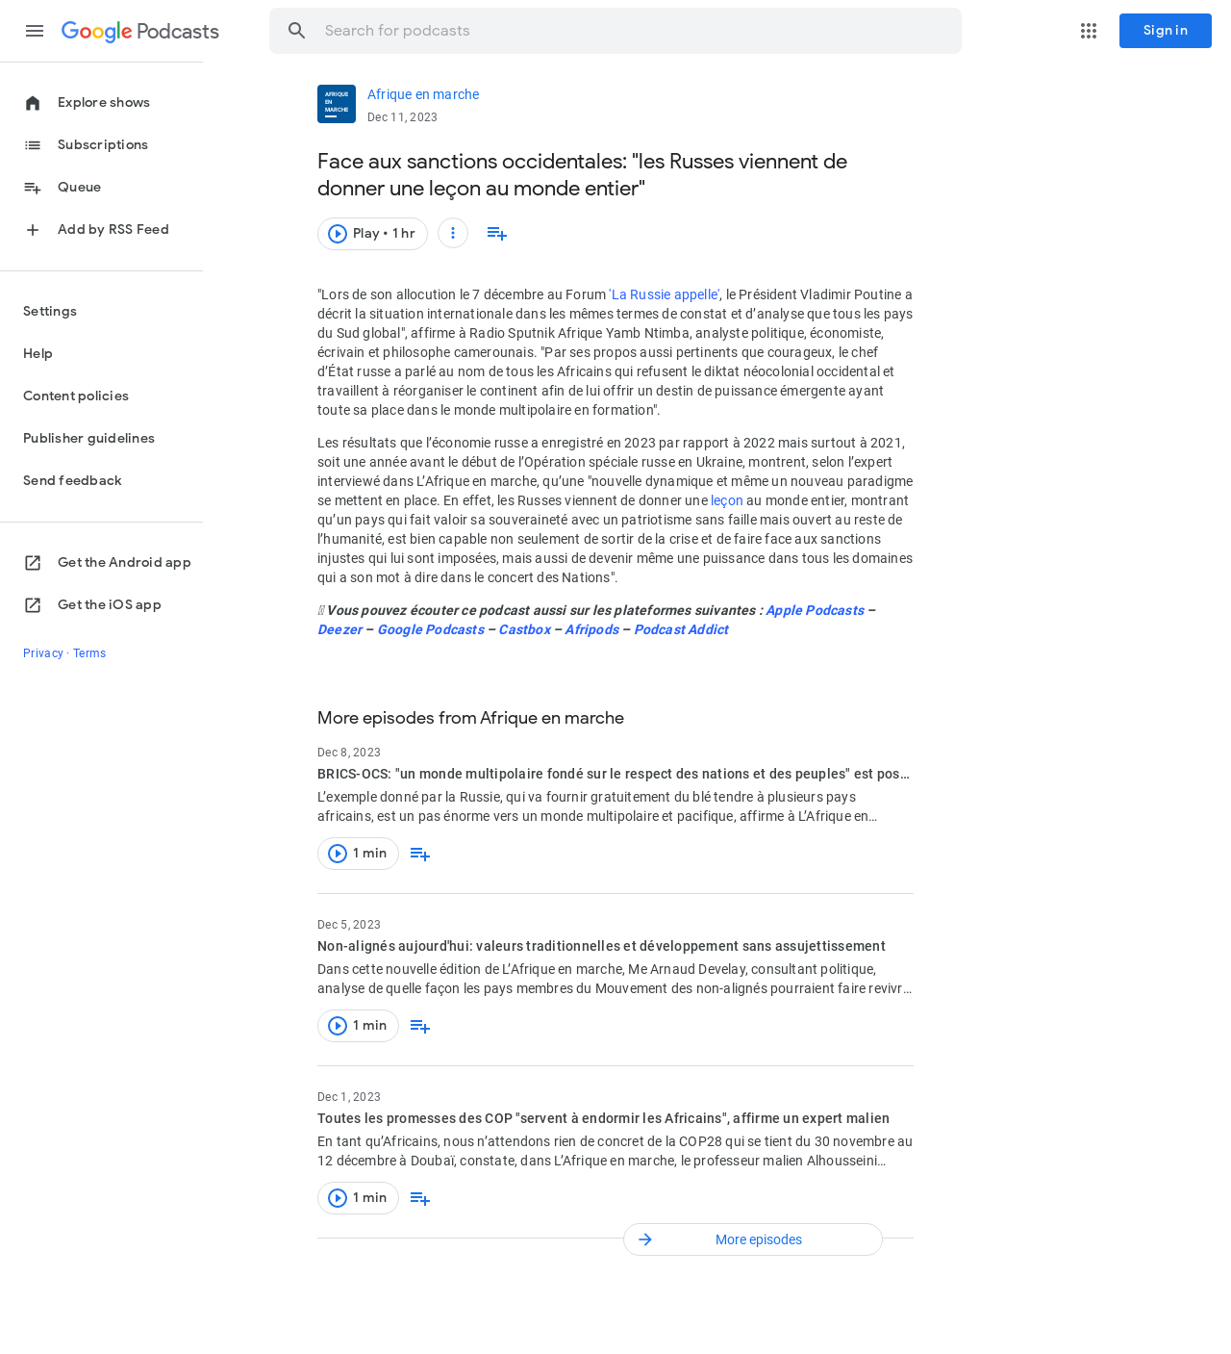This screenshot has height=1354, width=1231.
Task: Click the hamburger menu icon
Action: (x=35, y=31)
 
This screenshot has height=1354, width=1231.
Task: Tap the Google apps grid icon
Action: (x=1089, y=31)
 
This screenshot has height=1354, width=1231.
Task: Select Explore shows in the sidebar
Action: (x=103, y=103)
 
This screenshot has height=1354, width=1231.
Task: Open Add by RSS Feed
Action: (x=113, y=230)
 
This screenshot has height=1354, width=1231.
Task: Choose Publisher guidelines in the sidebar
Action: (x=88, y=439)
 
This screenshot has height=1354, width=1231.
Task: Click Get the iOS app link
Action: (x=109, y=605)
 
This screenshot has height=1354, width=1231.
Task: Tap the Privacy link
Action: (x=43, y=653)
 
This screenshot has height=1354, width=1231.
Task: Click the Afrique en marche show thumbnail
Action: (x=337, y=104)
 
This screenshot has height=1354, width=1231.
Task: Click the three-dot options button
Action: (x=453, y=233)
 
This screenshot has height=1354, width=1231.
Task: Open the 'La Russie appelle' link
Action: (x=665, y=295)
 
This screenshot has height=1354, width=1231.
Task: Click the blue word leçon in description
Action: (x=726, y=501)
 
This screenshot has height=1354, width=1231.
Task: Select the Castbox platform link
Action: (x=524, y=630)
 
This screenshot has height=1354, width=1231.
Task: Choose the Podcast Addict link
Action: (x=681, y=630)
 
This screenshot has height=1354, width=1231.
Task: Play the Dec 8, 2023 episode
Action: (x=358, y=854)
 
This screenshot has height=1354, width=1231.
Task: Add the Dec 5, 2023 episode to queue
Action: (x=420, y=1026)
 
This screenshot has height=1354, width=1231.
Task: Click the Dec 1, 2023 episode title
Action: (x=603, y=1118)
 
